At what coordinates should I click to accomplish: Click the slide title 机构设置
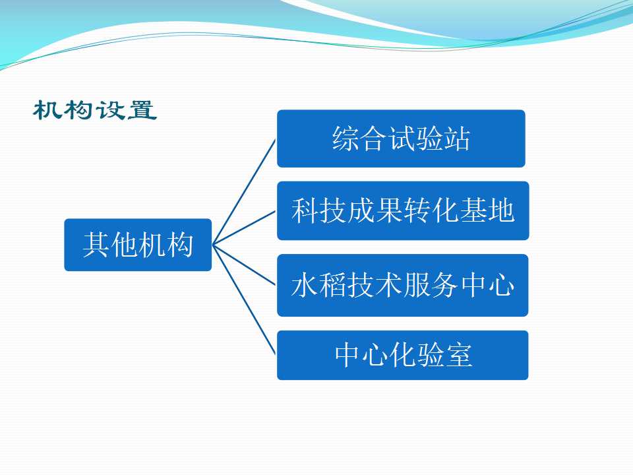click(95, 110)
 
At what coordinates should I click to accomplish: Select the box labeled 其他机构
click(138, 245)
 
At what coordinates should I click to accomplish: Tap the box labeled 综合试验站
click(401, 139)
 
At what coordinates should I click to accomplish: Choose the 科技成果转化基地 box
click(403, 211)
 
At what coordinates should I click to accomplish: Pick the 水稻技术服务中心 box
click(402, 285)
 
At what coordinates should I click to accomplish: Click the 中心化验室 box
click(402, 355)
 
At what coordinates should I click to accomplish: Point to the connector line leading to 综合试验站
click(244, 192)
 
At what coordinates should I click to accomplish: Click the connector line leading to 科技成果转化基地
click(244, 228)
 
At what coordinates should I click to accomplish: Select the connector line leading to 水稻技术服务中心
click(244, 265)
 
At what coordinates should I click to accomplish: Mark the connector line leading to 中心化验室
click(244, 300)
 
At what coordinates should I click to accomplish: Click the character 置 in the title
click(142, 110)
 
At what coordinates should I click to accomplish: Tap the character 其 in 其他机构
click(96, 245)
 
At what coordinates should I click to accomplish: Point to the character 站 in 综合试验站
click(457, 139)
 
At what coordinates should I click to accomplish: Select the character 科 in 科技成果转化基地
click(305, 210)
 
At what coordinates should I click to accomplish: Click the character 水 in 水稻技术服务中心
click(305, 285)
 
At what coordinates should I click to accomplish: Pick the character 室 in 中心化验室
click(459, 355)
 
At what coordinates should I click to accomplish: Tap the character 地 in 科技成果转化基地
click(501, 210)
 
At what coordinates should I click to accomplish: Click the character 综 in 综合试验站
click(346, 139)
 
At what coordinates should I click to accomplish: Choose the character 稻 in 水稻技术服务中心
click(332, 285)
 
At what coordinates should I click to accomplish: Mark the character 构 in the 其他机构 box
click(180, 245)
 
